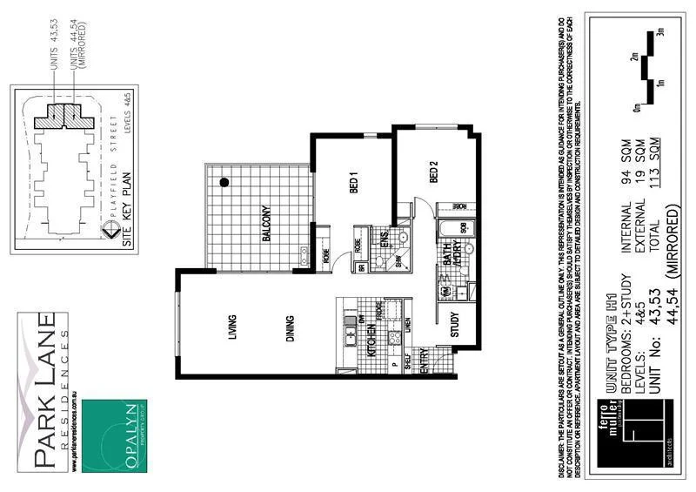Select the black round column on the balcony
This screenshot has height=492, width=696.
(x=224, y=183)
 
